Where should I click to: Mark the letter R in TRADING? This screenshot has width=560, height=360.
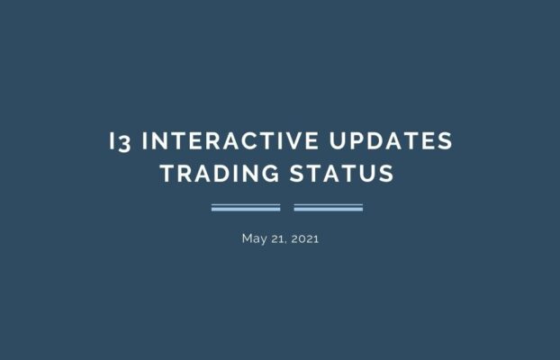tap(185, 174)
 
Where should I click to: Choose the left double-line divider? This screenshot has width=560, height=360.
tap(246, 208)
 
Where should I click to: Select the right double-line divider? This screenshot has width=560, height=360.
tap(328, 208)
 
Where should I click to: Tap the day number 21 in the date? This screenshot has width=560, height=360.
tap(275, 238)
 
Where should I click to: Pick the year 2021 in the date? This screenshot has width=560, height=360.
tap(303, 238)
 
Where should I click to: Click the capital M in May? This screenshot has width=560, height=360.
tap(247, 238)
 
